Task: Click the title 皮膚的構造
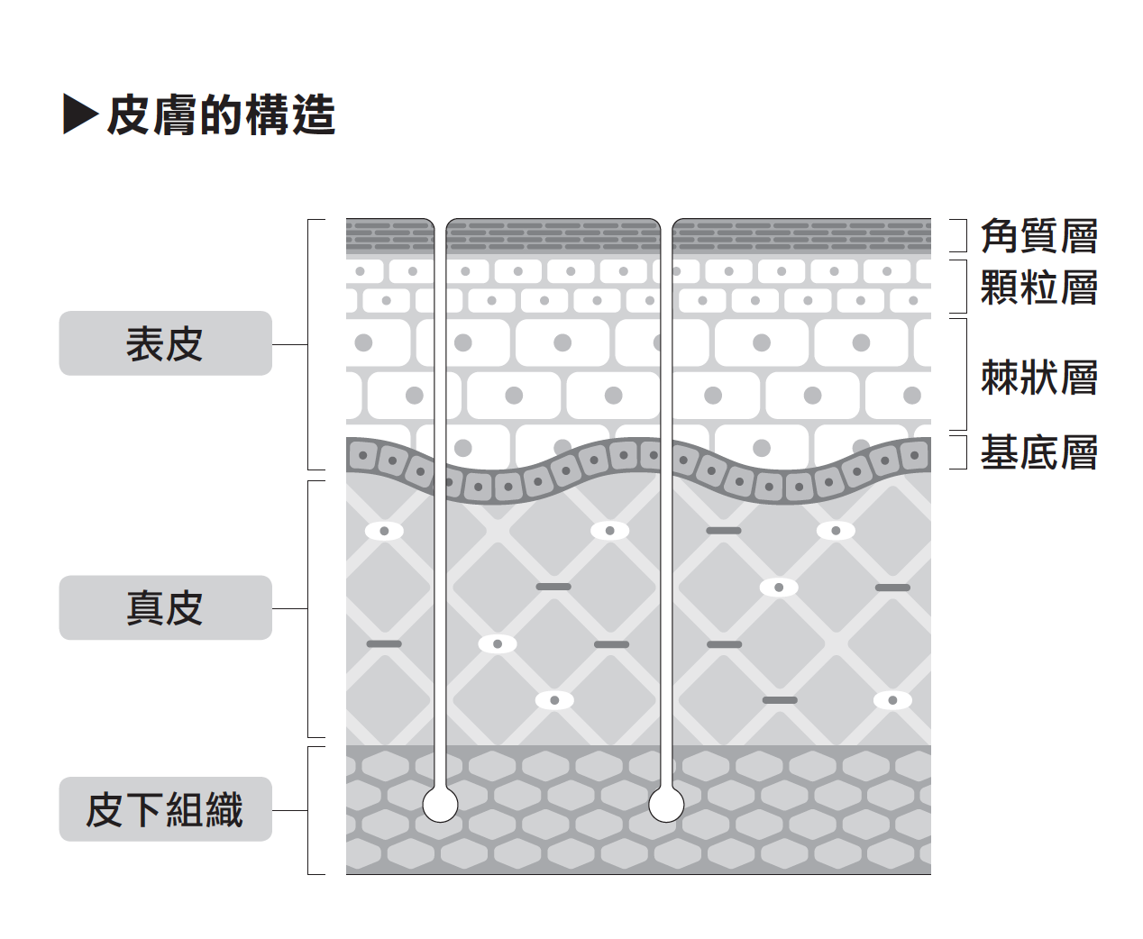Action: pyautogui.click(x=221, y=115)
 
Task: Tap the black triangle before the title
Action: pyautogui.click(x=79, y=114)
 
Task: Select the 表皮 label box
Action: pyautogui.click(x=165, y=343)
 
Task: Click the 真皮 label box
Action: pyautogui.click(x=165, y=607)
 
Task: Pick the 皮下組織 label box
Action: pyautogui.click(x=165, y=809)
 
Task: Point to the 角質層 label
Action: pyautogui.click(x=1038, y=236)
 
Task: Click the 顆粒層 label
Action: pyautogui.click(x=1038, y=287)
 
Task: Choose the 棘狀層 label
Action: pyautogui.click(x=1038, y=377)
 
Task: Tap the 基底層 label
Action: pyautogui.click(x=1038, y=452)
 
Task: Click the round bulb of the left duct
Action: pyautogui.click(x=440, y=804)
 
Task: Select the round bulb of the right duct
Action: pyautogui.click(x=666, y=804)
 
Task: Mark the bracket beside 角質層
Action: pyautogui.click(x=963, y=235)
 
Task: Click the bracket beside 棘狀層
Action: pyautogui.click(x=963, y=374)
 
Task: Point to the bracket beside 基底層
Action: pyautogui.click(x=963, y=452)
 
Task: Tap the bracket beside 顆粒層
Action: pyautogui.click(x=963, y=287)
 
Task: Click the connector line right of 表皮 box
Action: pyautogui.click(x=289, y=344)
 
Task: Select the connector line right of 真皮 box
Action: pyautogui.click(x=289, y=608)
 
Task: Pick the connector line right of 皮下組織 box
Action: pyautogui.click(x=289, y=810)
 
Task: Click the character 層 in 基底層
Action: pyautogui.click(x=1078, y=452)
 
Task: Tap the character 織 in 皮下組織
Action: pyautogui.click(x=224, y=809)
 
